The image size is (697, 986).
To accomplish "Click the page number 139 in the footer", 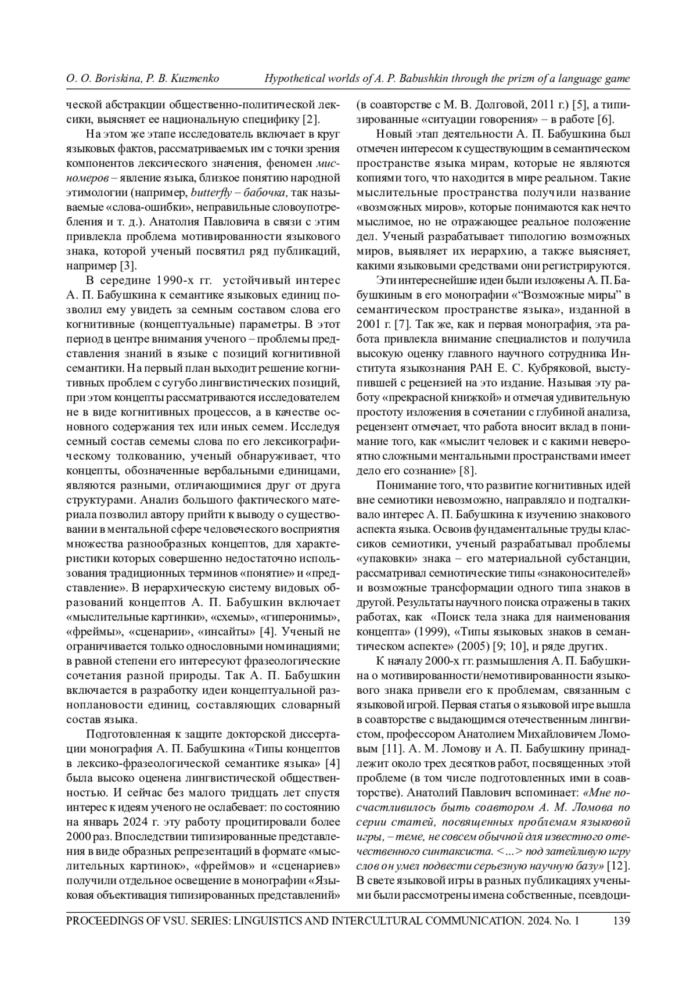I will point(621,920).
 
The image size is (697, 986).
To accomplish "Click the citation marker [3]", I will point(128,266).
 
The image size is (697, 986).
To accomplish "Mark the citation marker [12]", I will point(620,866).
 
